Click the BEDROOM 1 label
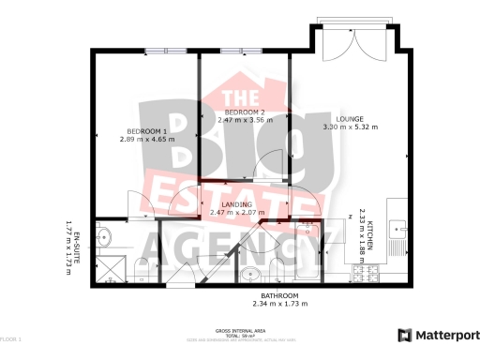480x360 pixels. (x=146, y=130)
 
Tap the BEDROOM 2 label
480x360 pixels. (x=245, y=112)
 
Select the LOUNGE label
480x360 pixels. (x=350, y=118)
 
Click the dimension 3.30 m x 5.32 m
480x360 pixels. (x=351, y=127)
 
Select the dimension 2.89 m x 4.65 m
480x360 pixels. (x=146, y=140)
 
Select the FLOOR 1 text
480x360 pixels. (x=10, y=337)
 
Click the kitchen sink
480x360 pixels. (x=396, y=228)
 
